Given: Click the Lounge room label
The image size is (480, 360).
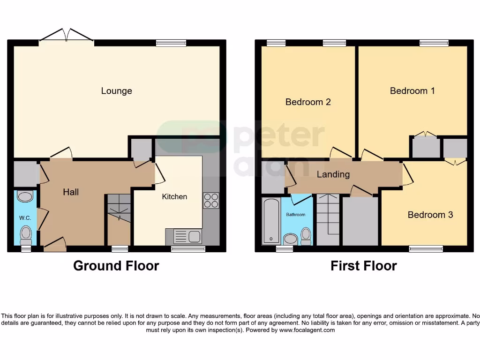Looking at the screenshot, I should (x=116, y=91).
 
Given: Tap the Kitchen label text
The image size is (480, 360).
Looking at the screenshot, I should (x=174, y=197).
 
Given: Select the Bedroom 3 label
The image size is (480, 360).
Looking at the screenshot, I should (x=430, y=215).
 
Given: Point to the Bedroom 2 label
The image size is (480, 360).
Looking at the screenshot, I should (x=308, y=102).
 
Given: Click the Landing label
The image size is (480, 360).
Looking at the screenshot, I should (x=333, y=174).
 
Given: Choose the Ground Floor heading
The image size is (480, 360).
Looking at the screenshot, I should (x=116, y=266).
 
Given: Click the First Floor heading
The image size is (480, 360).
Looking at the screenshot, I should (x=363, y=266).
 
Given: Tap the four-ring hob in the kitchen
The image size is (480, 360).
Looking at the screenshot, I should (x=211, y=201).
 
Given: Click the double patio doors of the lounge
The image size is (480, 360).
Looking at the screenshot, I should (x=66, y=37).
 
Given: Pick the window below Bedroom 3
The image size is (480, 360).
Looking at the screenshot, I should (x=426, y=249).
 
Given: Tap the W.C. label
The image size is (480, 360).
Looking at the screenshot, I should (x=24, y=217).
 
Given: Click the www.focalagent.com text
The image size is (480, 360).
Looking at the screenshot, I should (x=307, y=330).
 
